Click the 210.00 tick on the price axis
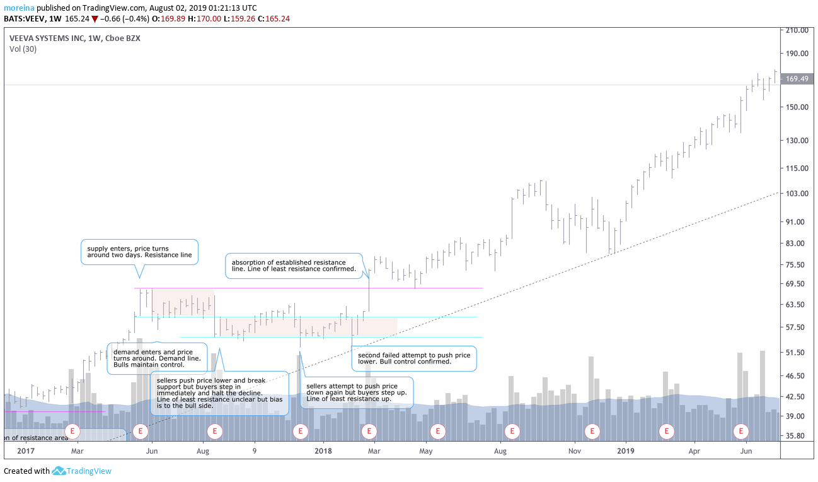796,30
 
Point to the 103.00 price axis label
796,194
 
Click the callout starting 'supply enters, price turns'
139,252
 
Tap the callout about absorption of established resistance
294,266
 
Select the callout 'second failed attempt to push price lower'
413,358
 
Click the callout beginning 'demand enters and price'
158,358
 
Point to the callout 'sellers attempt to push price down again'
357,392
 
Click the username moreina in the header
19,8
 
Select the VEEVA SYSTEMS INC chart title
74,38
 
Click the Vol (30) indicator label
23,49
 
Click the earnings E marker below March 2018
368,432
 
